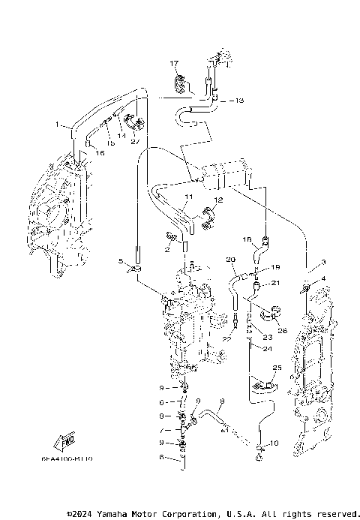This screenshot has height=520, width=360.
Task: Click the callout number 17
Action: pyautogui.click(x=173, y=63)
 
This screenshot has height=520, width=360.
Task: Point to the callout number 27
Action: pyautogui.click(x=135, y=141)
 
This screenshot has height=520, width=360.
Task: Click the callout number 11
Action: pyautogui.click(x=188, y=196)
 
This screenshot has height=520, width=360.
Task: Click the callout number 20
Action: pyautogui.click(x=231, y=260)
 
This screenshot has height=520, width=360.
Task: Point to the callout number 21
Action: pyautogui.click(x=275, y=283)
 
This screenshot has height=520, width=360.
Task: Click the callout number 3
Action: pyautogui.click(x=323, y=262)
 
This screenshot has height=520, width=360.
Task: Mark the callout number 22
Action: pyautogui.click(x=224, y=340)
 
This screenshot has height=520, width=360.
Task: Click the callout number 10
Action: pyautogui.click(x=273, y=443)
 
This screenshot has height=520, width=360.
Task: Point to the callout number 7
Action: pyautogui.click(x=160, y=430)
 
